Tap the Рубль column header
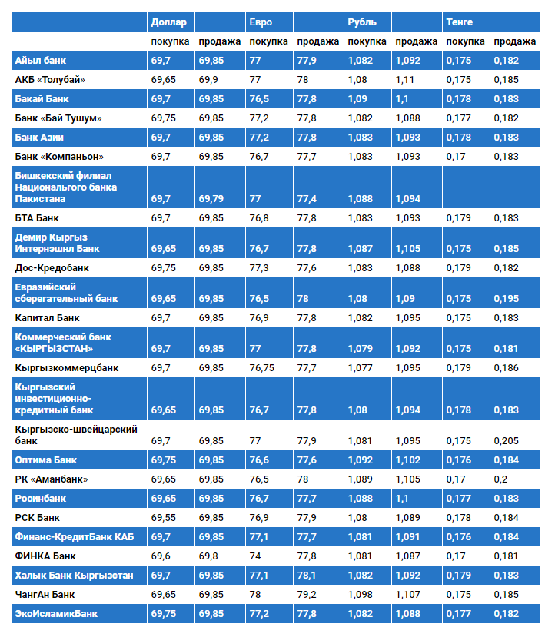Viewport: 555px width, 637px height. [362, 22]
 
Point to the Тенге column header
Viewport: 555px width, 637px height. [460, 22]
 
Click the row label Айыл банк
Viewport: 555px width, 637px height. [42, 60]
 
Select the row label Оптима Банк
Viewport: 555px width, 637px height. [46, 460]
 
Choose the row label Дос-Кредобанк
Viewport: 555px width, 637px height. [52, 268]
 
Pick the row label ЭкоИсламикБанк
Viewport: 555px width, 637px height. [56, 614]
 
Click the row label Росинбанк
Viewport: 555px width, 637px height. [41, 499]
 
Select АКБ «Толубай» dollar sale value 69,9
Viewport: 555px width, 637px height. [208, 80]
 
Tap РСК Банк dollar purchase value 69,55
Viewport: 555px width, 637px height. [163, 518]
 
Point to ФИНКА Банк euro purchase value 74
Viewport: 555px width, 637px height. [255, 556]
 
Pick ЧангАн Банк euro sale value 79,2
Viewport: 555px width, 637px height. [307, 595]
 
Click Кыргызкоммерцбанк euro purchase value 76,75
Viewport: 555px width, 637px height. [263, 368]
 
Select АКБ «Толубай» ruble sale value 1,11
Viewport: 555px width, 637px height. [405, 80]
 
